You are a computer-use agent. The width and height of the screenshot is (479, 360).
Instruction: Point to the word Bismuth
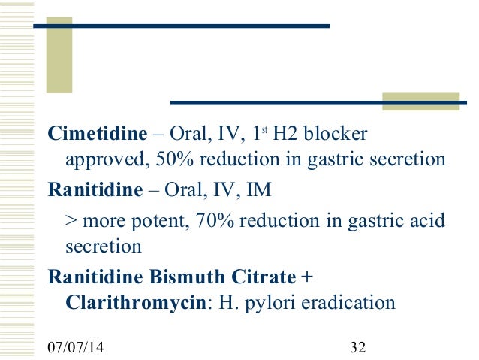tap(181, 277)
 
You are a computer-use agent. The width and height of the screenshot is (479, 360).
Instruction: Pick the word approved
tap(101, 160)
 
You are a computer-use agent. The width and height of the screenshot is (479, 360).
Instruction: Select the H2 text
tap(286, 135)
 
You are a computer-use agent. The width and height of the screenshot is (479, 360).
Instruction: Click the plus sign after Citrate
tap(306, 277)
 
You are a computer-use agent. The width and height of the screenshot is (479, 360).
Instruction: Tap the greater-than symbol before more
tap(71, 222)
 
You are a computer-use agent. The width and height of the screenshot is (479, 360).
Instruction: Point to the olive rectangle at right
tap(420, 101)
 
